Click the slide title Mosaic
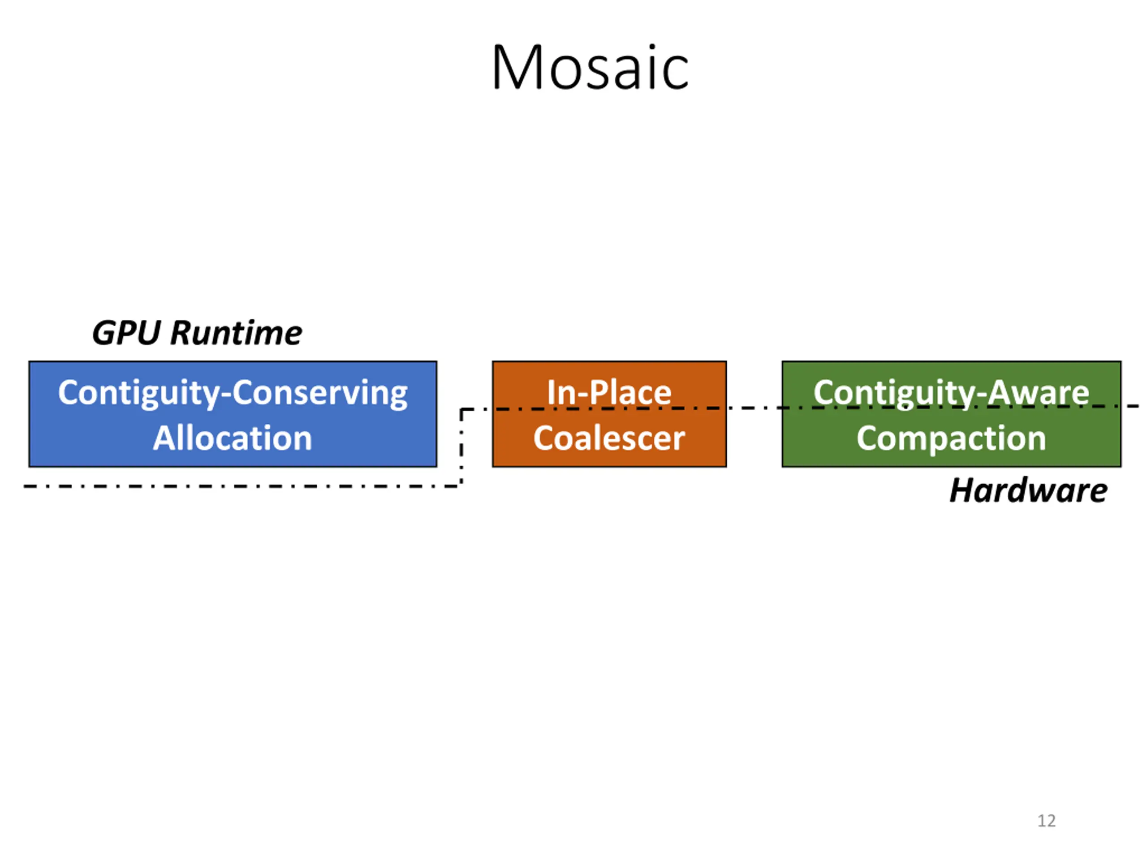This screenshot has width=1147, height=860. click(590, 67)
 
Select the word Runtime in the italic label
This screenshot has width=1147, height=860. click(237, 332)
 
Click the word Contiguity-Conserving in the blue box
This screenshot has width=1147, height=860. click(233, 392)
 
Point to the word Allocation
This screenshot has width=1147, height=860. click(233, 438)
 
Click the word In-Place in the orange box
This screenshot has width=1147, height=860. click(609, 392)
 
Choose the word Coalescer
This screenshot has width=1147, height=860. click(609, 438)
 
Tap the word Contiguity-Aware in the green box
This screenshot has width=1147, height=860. click(951, 392)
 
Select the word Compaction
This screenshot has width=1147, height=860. click(951, 438)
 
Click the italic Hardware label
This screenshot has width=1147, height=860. click(1028, 490)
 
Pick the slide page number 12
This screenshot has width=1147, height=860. click(1046, 821)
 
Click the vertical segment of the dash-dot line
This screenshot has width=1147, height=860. click(461, 447)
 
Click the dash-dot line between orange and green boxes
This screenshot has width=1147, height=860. click(754, 408)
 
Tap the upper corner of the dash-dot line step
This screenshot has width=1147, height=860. click(461, 410)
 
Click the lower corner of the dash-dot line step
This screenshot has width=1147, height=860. click(461, 486)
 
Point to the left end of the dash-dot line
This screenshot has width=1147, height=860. click(26, 486)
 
